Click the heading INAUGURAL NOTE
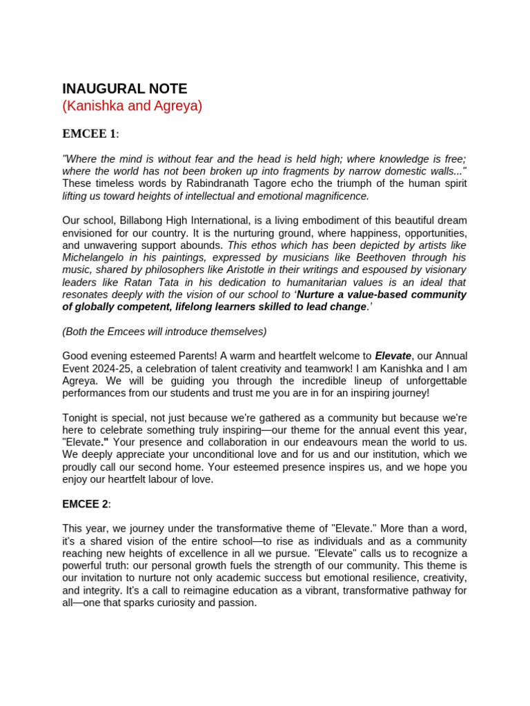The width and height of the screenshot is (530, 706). pos(124,89)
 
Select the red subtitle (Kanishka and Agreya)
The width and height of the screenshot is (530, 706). pos(132,107)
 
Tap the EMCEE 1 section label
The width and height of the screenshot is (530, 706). pos(89,134)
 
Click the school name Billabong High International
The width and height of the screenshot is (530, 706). pos(187,221)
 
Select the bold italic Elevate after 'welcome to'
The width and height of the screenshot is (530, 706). pos(393,356)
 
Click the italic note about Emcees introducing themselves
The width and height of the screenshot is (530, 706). pos(164,332)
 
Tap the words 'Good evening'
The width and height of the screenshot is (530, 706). pos(93,356)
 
